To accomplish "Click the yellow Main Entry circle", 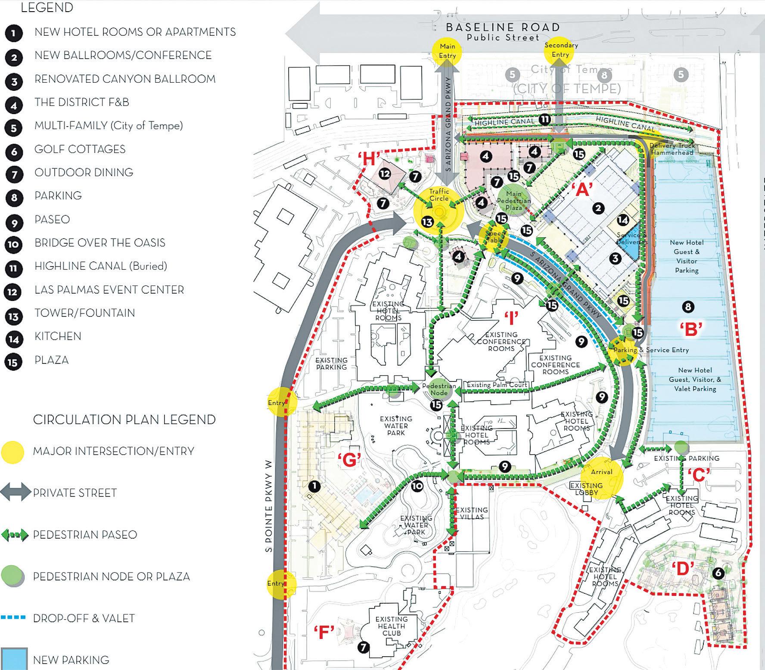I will coord(447,51).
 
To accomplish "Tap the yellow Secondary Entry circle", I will coord(560,50).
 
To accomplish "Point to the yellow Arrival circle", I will coord(601,477).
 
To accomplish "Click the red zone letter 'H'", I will coord(369,160).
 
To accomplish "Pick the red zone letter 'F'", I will coord(324,633).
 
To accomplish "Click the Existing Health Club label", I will coord(391,626).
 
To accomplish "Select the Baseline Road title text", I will coord(503,28).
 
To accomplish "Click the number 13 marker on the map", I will coord(427,222).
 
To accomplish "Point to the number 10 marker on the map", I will coord(417,486).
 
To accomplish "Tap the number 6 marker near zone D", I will coord(718,573).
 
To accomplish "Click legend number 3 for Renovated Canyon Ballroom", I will coord(14,81).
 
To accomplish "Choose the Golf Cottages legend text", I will coord(80,149).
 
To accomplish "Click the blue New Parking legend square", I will coord(14,659).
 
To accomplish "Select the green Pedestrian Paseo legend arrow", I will coord(15,535).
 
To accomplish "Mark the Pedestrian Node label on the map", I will coord(439,389).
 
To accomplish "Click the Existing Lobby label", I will coord(586,489).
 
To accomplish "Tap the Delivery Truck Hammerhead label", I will coord(672,149).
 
